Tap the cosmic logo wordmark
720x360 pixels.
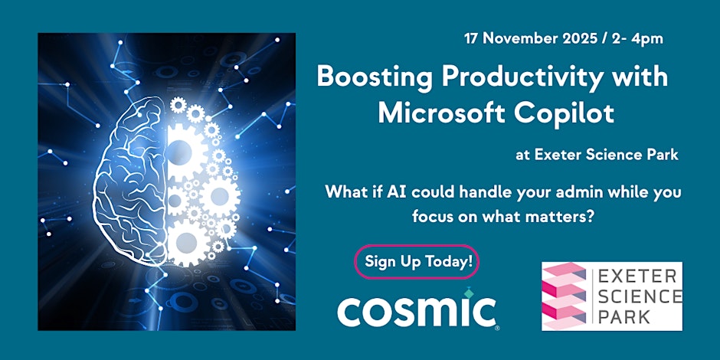417,312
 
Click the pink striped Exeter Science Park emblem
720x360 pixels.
565,296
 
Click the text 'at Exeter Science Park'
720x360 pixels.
597,155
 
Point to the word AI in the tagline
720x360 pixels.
396,192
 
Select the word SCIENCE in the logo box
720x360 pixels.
639,296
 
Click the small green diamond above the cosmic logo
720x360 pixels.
468,292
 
